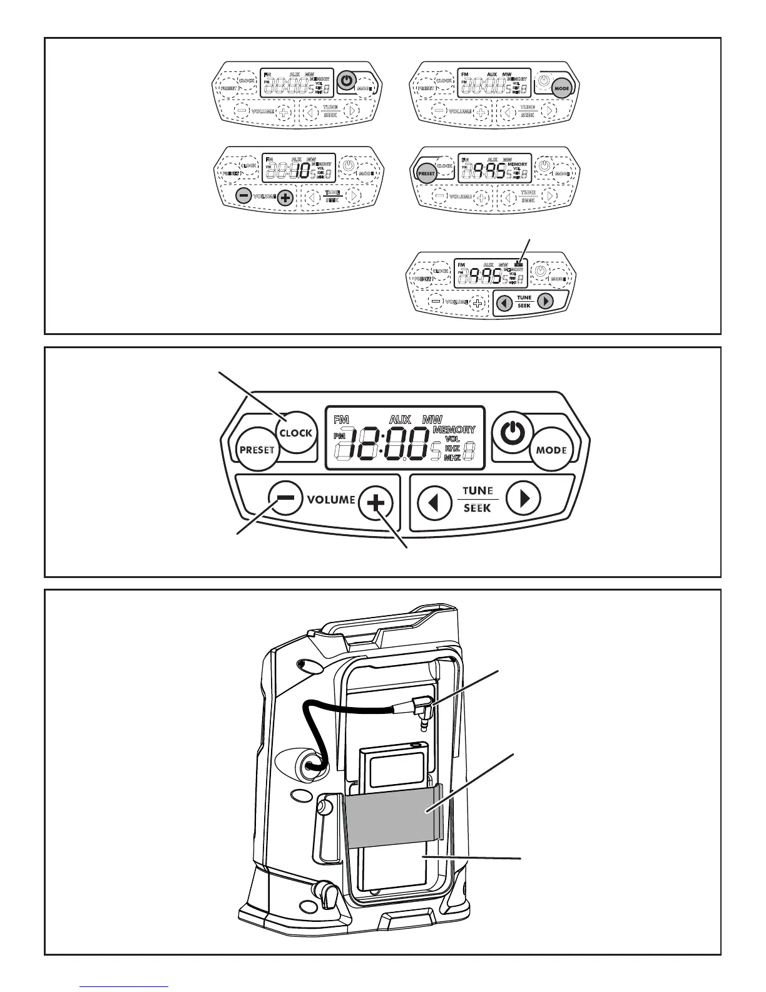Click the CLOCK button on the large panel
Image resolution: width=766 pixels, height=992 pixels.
296,432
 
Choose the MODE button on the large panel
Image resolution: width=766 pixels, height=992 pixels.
551,450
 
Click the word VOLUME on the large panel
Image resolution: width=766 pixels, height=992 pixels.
331,499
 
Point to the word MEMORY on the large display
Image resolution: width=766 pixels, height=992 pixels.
454,430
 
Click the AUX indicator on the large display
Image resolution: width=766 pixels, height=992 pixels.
400,419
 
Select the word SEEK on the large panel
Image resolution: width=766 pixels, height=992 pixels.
477,508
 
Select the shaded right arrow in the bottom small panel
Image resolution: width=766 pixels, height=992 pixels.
546,301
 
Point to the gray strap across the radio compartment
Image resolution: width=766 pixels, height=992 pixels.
392,811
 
